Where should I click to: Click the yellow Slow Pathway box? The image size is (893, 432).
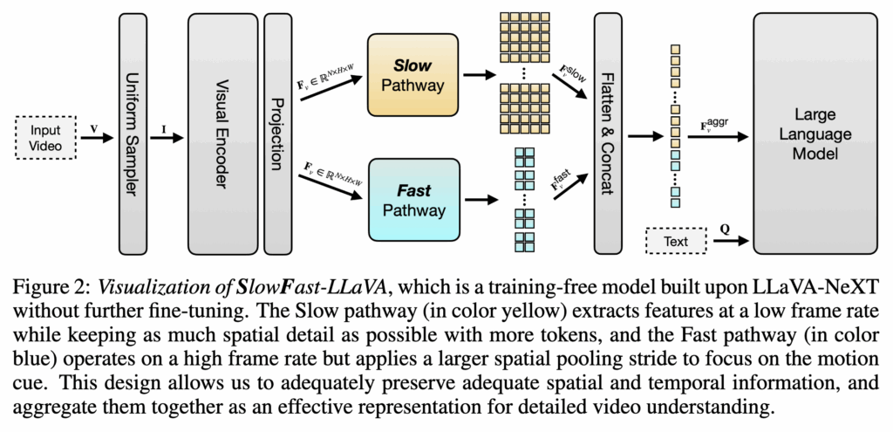[413, 76]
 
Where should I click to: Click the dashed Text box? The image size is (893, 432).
[675, 240]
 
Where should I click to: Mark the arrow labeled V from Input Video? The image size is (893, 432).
[98, 137]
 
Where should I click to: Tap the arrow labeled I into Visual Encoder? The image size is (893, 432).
[168, 137]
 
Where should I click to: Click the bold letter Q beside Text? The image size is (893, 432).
[725, 229]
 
